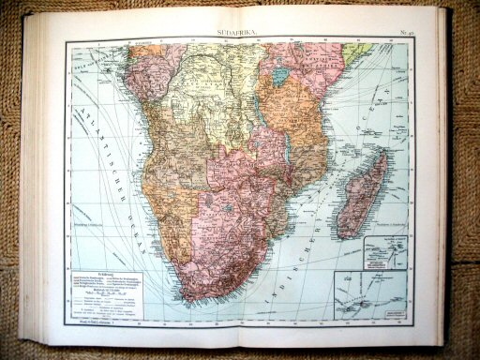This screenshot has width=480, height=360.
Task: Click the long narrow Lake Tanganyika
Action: point(263,111)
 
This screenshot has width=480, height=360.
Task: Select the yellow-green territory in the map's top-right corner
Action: point(357,50)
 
